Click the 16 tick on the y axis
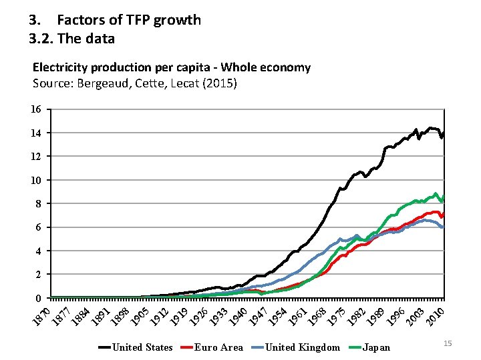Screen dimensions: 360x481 (37, 109)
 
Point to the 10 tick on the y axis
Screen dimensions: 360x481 (37, 180)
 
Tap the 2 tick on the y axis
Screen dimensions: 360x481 (39, 274)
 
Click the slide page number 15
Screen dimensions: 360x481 (448, 343)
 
